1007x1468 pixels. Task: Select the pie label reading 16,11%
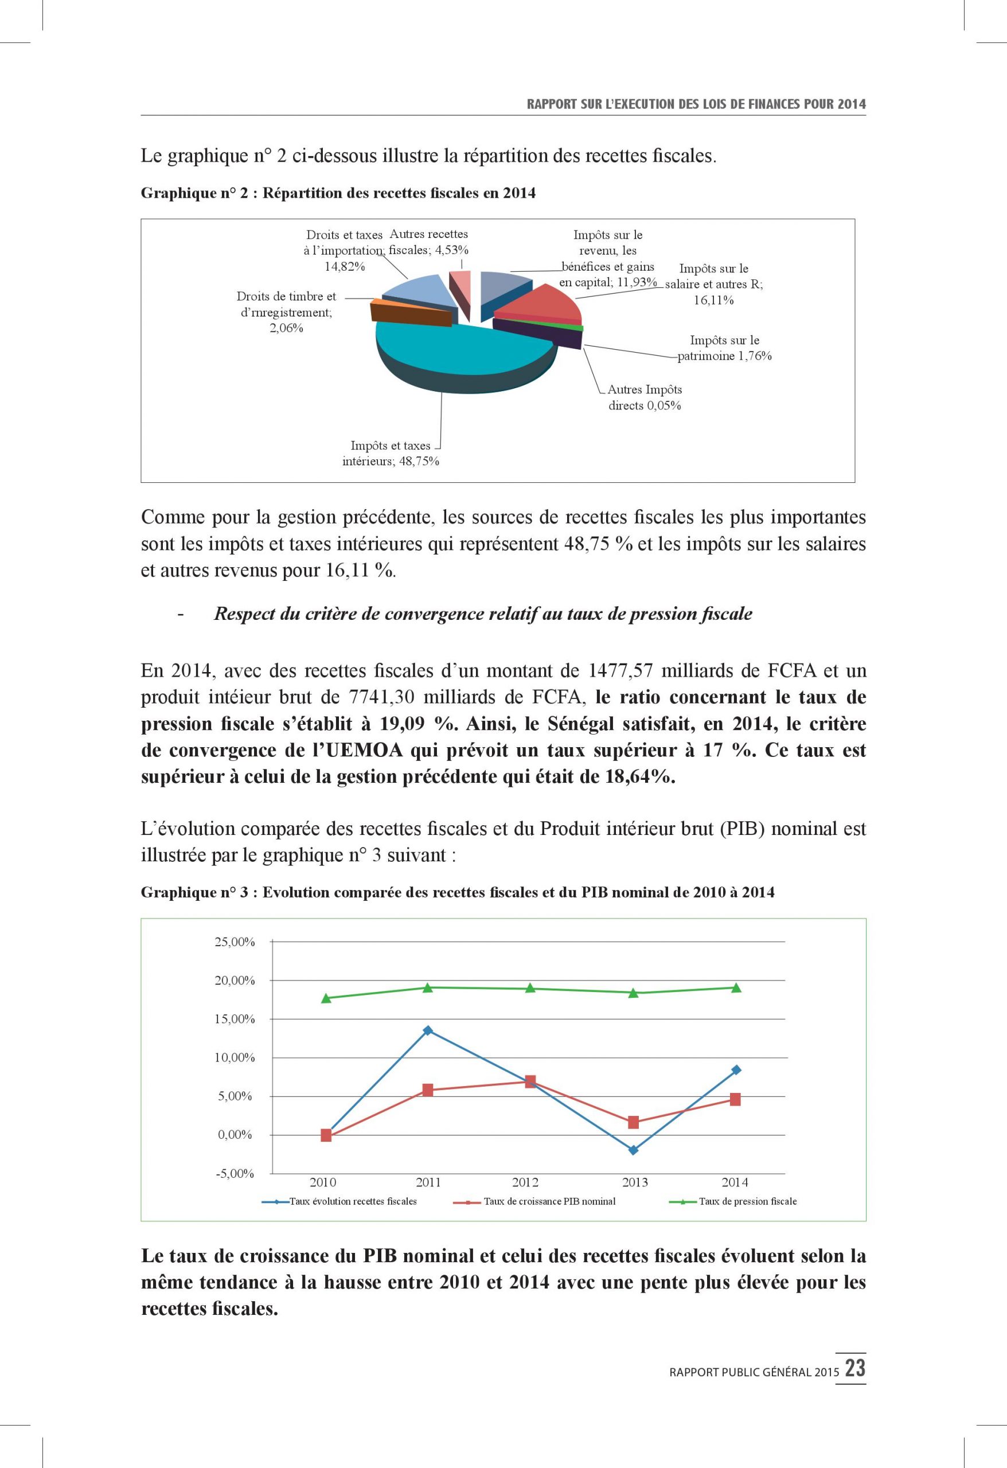(713, 300)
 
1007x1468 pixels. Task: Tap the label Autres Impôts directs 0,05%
(645, 397)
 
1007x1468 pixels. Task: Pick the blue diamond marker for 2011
(428, 1030)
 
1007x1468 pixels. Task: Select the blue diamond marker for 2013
(633, 1150)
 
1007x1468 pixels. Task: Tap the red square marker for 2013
(633, 1122)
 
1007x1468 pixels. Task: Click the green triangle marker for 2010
(326, 998)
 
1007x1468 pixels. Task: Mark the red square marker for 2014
(735, 1100)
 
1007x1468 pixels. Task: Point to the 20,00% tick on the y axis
(235, 981)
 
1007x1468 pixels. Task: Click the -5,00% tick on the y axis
(235, 1174)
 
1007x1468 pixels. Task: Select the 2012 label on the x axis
(526, 1182)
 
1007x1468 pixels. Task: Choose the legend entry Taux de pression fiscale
(747, 1201)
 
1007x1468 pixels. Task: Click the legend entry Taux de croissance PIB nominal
(549, 1201)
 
